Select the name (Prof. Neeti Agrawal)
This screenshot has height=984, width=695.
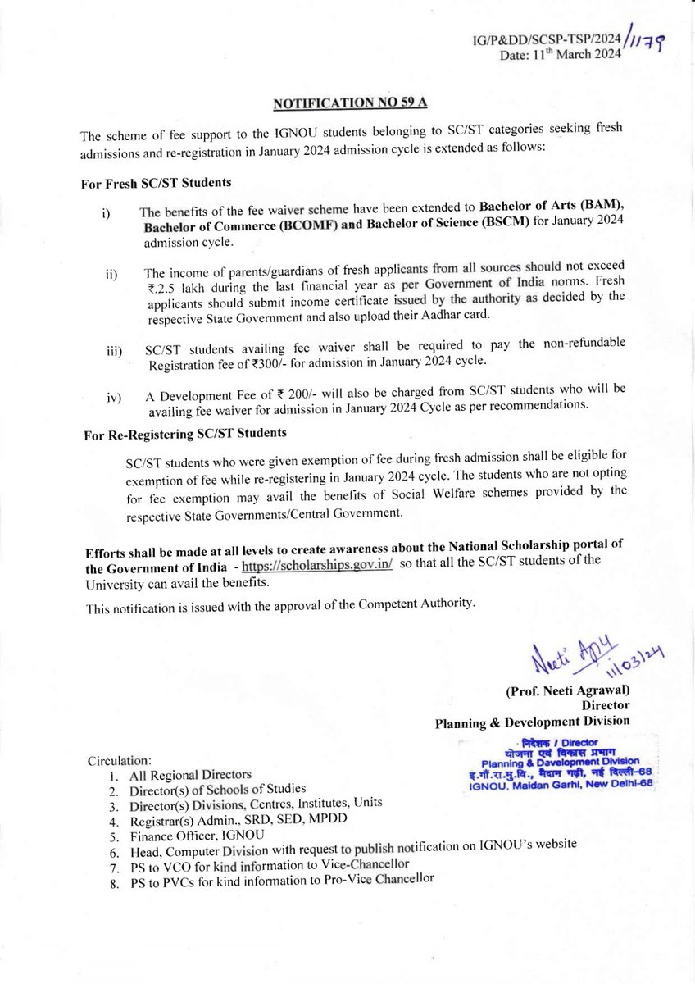(x=567, y=691)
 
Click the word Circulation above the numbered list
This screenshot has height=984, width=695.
(x=120, y=760)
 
